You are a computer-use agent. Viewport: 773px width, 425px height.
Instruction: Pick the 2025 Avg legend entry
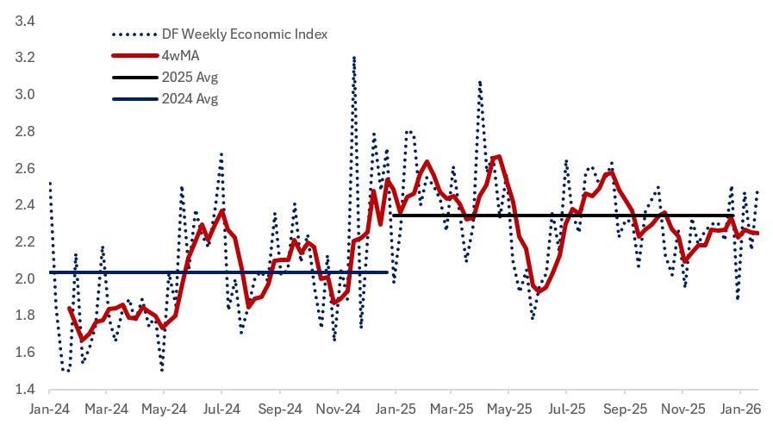(x=190, y=78)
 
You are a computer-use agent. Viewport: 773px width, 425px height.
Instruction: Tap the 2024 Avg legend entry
(x=190, y=99)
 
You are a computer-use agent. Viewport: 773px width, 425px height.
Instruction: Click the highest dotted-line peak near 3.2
(x=354, y=58)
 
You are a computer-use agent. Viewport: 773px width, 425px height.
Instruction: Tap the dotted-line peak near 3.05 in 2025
(x=479, y=82)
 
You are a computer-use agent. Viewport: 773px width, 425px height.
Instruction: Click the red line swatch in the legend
(x=133, y=56)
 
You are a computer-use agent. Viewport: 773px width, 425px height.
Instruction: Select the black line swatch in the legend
(x=133, y=78)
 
